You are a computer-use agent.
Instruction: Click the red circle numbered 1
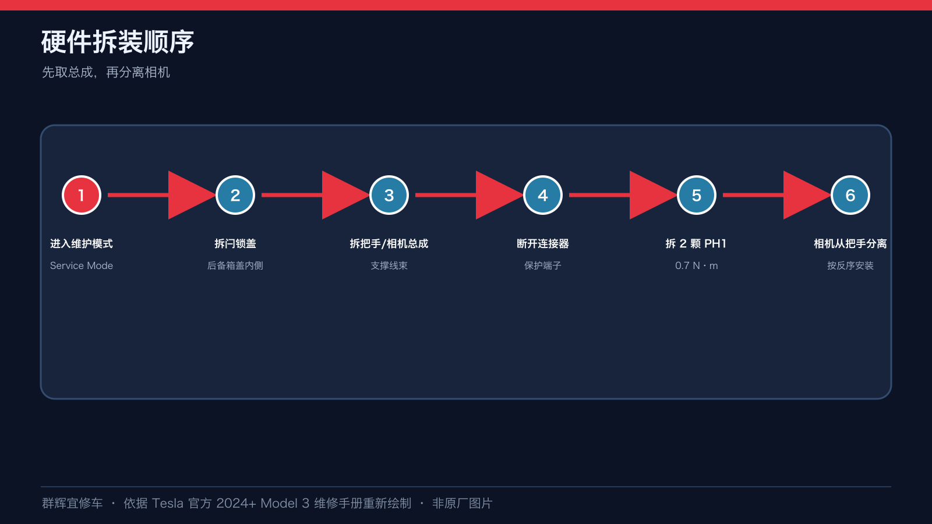(82, 195)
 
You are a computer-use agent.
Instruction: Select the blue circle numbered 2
(235, 195)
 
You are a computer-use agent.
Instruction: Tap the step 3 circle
(389, 195)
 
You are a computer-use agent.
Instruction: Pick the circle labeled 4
(542, 195)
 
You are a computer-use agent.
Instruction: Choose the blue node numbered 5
(697, 195)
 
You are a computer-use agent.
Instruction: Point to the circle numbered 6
(850, 195)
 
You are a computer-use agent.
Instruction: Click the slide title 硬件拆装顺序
(118, 42)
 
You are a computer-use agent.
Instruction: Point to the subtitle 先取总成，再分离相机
(105, 72)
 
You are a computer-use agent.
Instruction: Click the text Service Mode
(82, 265)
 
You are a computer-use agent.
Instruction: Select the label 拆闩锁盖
(235, 244)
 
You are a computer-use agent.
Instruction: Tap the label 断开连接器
(542, 244)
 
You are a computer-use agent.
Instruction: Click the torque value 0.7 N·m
(697, 265)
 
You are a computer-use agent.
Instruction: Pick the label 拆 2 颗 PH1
(696, 244)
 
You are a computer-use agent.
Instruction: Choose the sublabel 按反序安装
(850, 265)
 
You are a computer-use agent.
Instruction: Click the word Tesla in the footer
(167, 503)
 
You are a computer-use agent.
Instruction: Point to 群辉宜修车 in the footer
(72, 503)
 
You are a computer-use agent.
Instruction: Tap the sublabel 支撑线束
(389, 265)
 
